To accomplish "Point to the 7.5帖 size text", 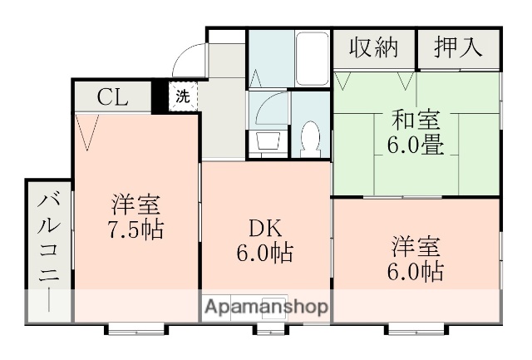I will (x=135, y=229).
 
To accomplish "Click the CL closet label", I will (x=112, y=96).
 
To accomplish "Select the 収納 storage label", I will (x=372, y=47).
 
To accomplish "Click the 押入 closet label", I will (x=458, y=47).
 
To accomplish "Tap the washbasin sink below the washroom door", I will (x=268, y=141).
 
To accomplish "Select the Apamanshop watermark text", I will (x=265, y=307).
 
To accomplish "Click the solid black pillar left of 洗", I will (x=161, y=96).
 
